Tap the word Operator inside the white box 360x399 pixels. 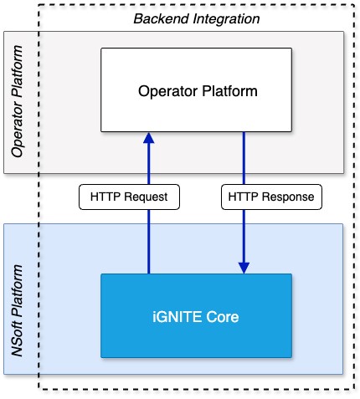pyautogui.click(x=166, y=89)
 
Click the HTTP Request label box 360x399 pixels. pyautogui.click(x=124, y=198)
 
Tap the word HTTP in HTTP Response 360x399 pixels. pyautogui.click(x=244, y=198)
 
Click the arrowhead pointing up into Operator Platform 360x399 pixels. pyautogui.click(x=149, y=136)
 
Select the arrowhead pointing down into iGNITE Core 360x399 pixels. pyautogui.click(x=244, y=268)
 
